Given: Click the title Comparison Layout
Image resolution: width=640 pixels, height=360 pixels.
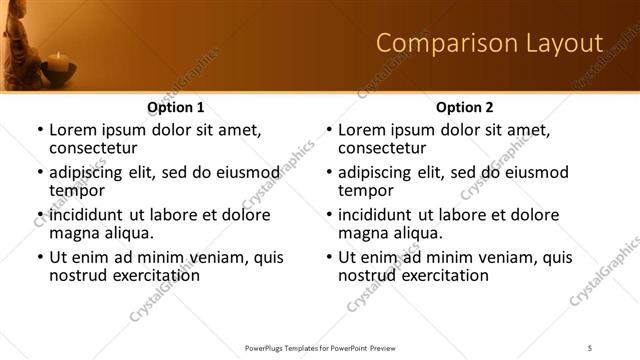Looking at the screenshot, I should (489, 43).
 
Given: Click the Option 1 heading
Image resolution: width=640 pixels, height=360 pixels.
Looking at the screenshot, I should (176, 107).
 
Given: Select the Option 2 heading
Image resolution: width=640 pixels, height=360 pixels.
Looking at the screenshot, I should (464, 107).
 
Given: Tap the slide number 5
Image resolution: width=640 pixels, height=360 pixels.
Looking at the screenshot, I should (591, 347).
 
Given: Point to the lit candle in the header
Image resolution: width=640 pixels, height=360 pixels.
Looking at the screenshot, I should (59, 62).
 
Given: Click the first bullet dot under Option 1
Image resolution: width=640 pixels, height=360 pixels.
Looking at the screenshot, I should (40, 130).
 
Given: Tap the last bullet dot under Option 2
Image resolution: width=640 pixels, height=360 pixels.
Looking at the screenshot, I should (329, 257).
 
